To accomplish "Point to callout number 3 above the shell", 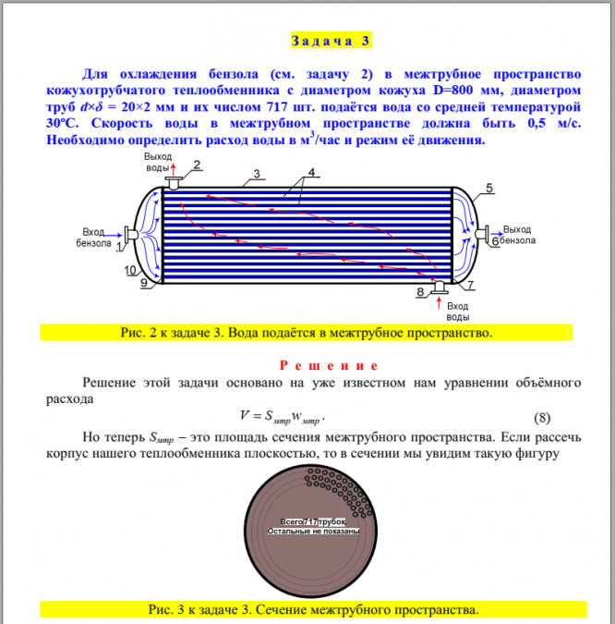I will click(x=256, y=173).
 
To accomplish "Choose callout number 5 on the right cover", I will click(x=488, y=189).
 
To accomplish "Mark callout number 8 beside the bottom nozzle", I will click(x=421, y=292).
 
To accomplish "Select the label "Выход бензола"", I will click(x=517, y=235).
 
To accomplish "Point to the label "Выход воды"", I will click(x=158, y=163).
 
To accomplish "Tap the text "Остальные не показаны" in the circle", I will click(x=312, y=532).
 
